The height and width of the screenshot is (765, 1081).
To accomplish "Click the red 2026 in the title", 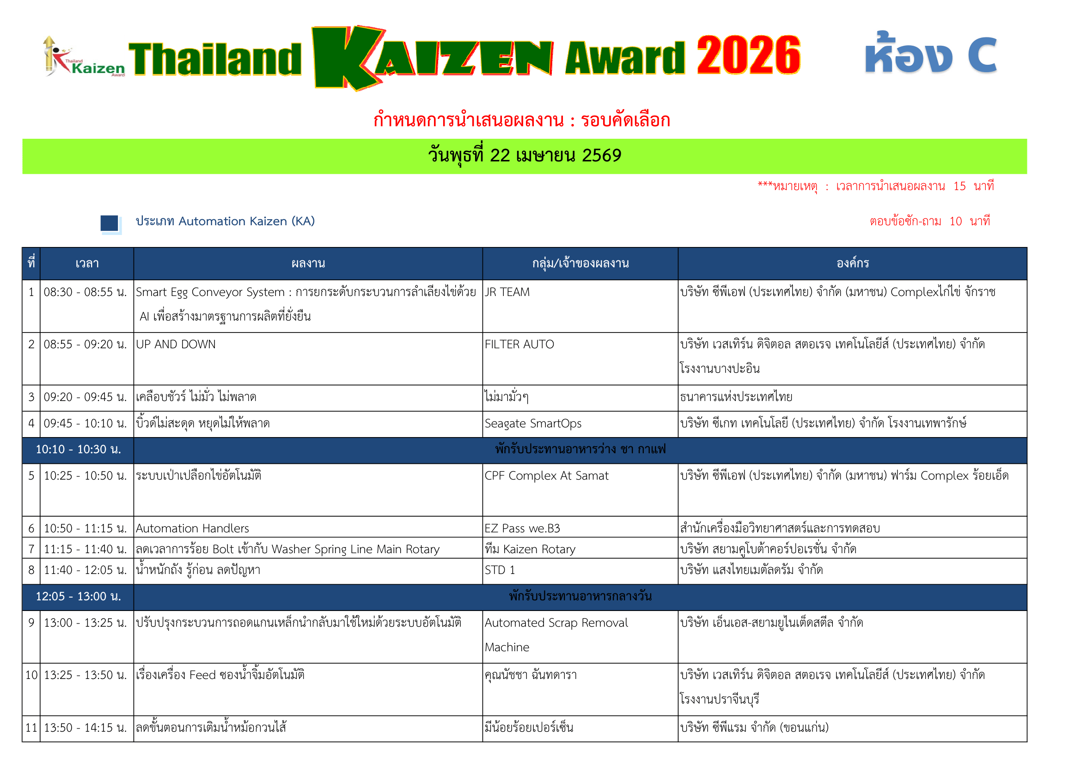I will point(748,56).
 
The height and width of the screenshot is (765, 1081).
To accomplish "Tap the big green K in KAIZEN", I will point(346,57).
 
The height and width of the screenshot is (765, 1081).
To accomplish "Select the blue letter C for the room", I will point(982,56).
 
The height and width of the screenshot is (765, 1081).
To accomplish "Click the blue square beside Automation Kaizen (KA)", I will point(109,223).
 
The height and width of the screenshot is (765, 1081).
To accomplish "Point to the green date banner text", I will point(525,156).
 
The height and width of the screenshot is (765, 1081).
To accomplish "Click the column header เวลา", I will point(87,263).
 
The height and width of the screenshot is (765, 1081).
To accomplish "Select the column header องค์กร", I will point(852,263).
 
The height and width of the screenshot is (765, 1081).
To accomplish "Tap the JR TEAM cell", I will point(507,292).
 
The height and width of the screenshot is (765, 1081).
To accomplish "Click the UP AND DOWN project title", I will point(176,345).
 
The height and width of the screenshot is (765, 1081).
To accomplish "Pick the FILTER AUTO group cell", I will point(519,345).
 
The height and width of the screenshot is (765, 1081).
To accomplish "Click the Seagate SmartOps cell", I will point(533,424).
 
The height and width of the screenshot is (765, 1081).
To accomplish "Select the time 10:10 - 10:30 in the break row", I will point(78,450).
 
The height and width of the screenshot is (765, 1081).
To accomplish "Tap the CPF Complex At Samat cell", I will point(546,476).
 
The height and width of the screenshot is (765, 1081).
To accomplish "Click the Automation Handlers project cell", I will point(192,529).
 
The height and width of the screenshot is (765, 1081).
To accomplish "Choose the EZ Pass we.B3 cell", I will point(522,529).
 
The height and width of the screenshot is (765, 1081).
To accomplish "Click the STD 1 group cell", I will point(500,570).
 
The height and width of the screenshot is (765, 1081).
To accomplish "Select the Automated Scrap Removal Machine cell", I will point(556,635).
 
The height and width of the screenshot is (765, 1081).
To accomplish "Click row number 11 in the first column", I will point(31,728).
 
